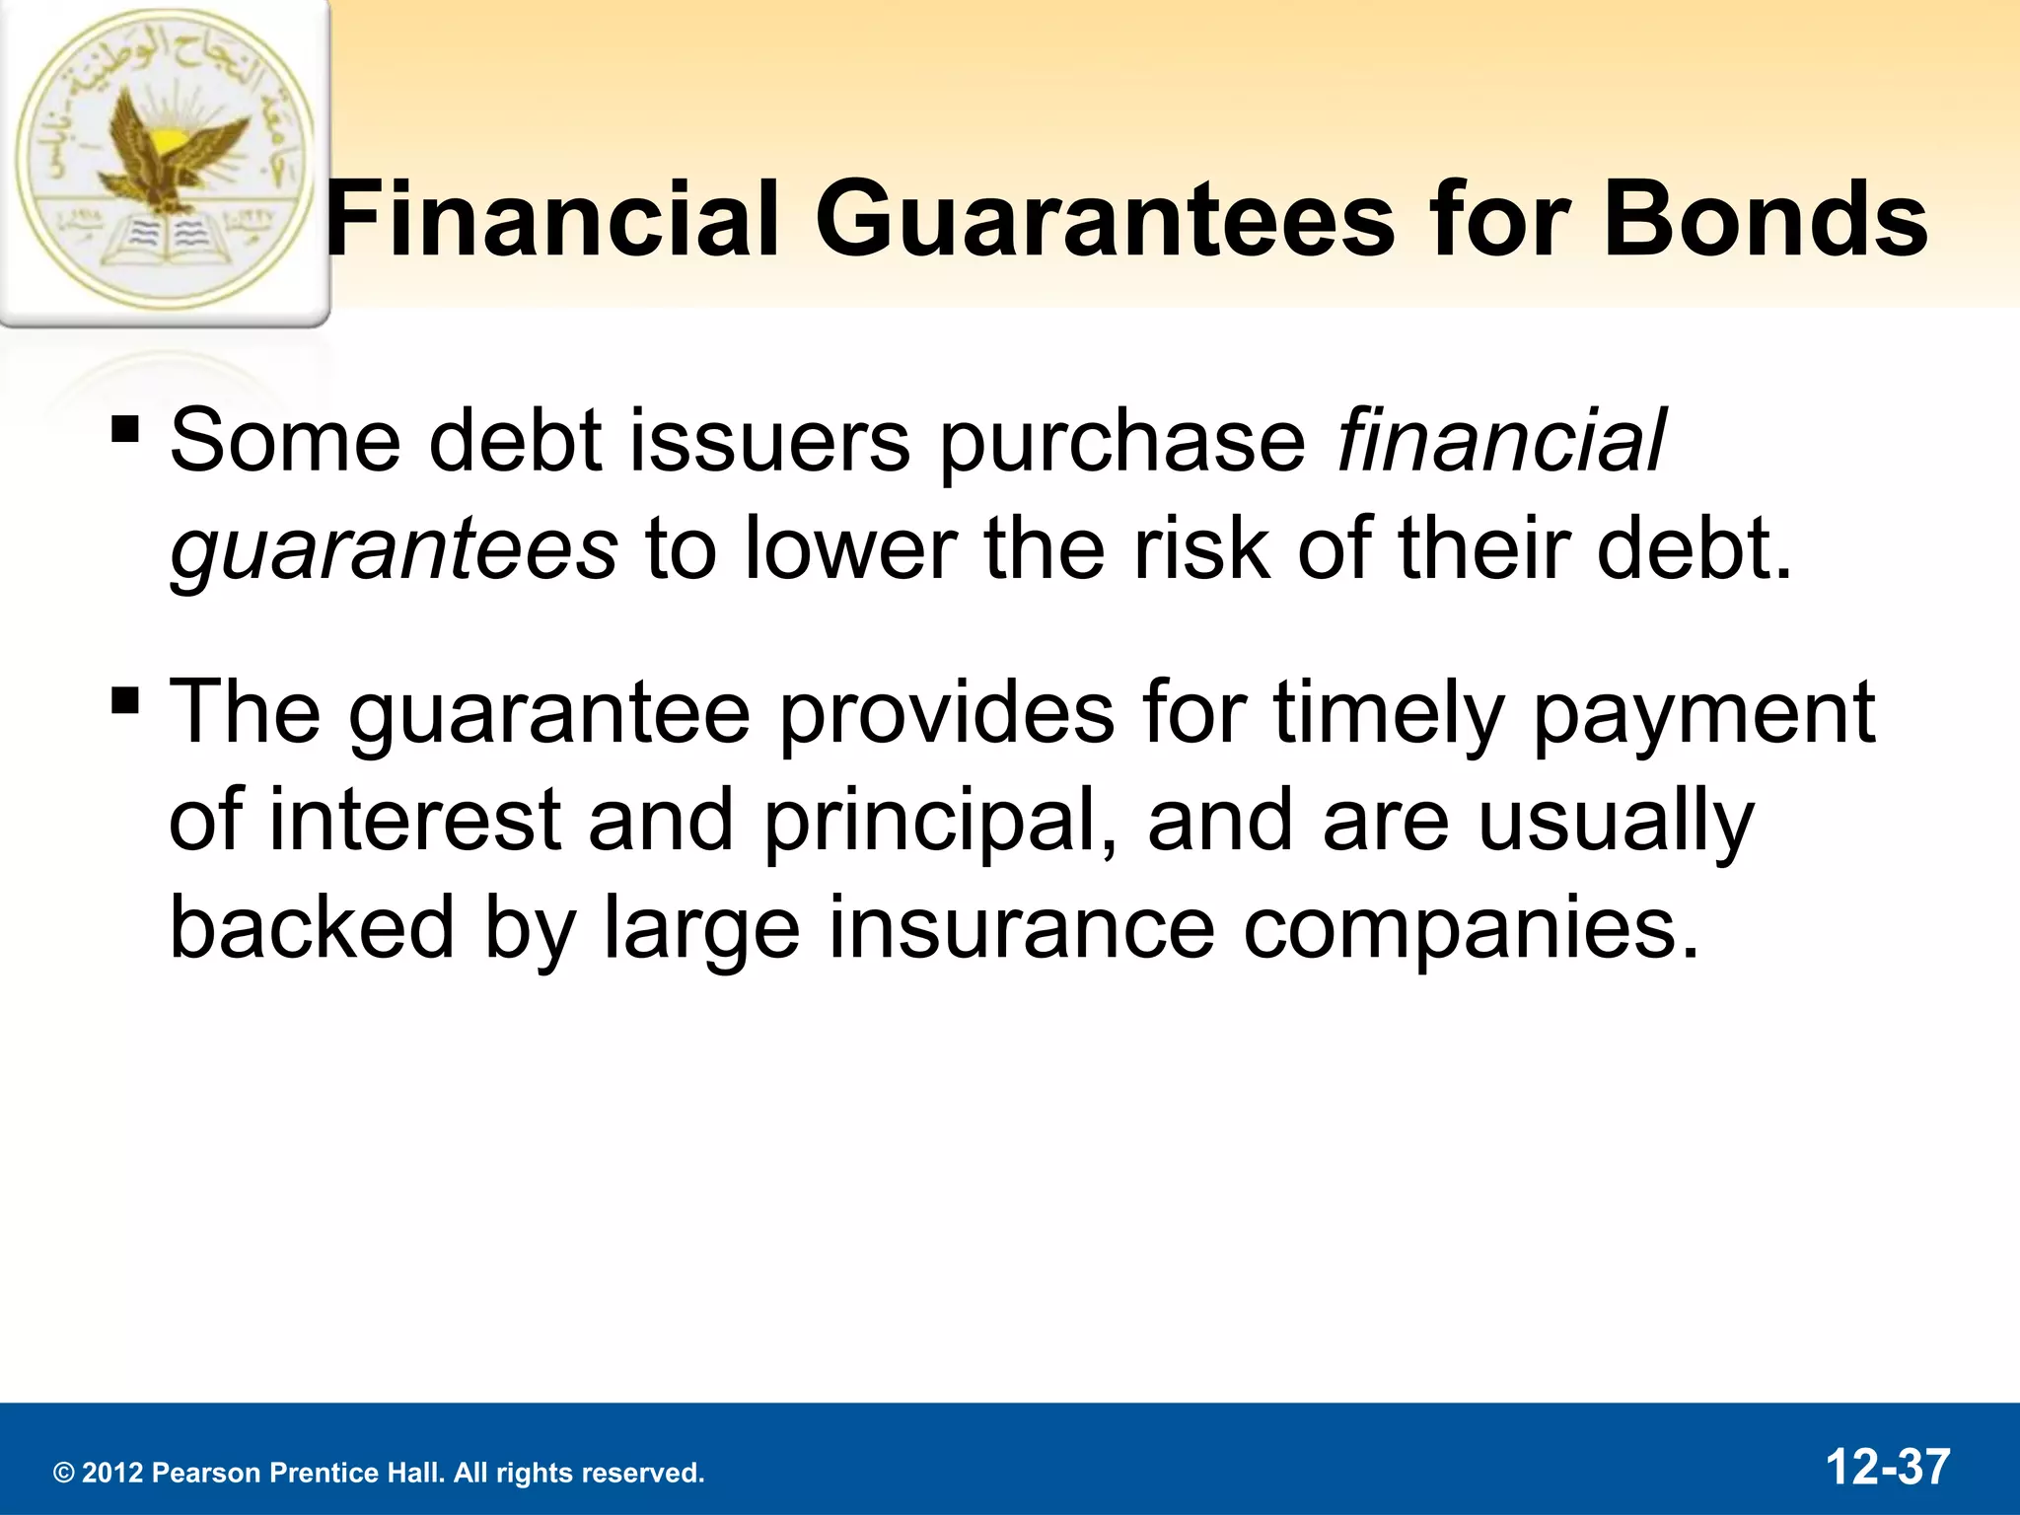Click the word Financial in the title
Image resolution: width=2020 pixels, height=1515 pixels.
tap(552, 219)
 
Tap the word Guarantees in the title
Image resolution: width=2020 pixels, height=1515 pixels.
tap(1105, 219)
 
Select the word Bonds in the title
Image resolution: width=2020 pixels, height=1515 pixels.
tap(1765, 219)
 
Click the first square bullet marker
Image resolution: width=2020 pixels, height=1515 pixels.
tap(125, 430)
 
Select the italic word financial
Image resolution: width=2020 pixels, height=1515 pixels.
tap(1499, 440)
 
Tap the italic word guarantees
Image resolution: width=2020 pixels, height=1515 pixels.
tap(393, 550)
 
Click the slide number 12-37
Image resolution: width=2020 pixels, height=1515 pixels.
tap(1887, 1467)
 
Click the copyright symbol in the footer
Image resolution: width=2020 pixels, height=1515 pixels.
tap(64, 1474)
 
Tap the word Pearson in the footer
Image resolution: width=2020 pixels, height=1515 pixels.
tap(206, 1473)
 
